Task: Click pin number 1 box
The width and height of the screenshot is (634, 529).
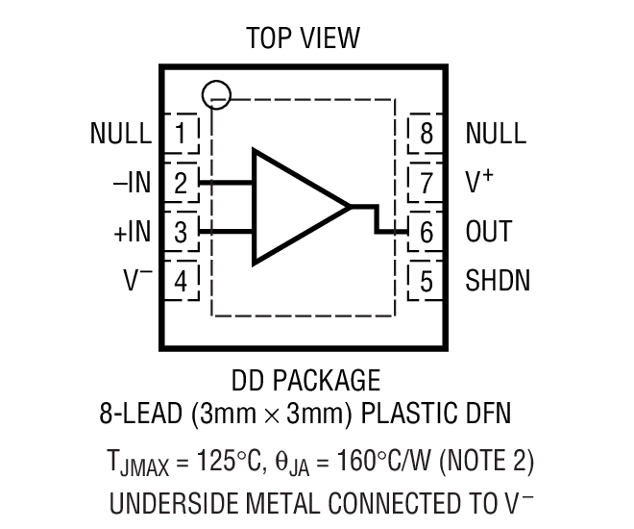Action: [182, 133]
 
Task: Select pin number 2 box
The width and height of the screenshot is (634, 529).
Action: [182, 182]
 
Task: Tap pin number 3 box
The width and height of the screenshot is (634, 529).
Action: [182, 232]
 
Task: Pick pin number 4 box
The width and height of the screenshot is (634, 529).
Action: [182, 281]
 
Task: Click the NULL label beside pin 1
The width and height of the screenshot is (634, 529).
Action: [120, 133]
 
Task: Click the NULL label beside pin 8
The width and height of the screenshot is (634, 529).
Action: [496, 133]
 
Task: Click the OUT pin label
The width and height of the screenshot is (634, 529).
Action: [489, 232]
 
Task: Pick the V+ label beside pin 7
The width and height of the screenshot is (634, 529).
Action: [480, 181]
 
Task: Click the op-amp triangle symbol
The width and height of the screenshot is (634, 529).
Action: [293, 206]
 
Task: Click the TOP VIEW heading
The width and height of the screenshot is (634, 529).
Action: [303, 38]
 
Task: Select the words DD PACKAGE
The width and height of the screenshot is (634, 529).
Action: [305, 380]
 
